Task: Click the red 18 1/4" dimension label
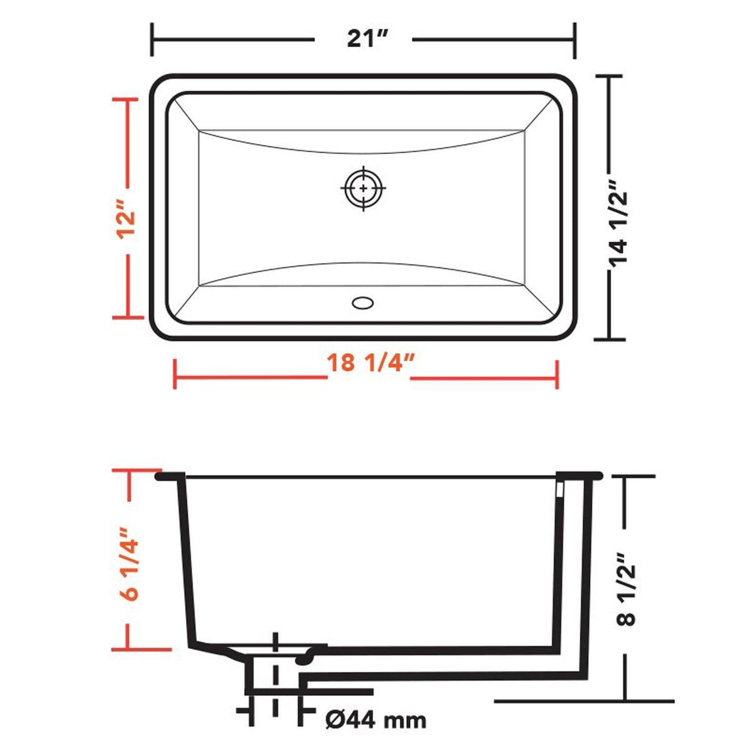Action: pyautogui.click(x=370, y=363)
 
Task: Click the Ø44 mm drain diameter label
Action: pyautogui.click(x=376, y=719)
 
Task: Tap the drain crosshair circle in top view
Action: pyautogui.click(x=363, y=188)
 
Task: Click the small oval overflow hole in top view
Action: pyautogui.click(x=362, y=303)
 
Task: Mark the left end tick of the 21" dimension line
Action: pyautogui.click(x=152, y=39)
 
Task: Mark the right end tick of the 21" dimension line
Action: pyautogui.click(x=575, y=40)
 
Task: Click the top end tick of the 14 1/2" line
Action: pyautogui.click(x=608, y=76)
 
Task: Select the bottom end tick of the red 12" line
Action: pyautogui.click(x=128, y=318)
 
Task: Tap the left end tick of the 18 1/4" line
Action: pyautogui.click(x=175, y=374)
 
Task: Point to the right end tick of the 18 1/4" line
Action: pyautogui.click(x=557, y=374)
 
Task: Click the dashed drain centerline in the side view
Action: pyautogui.click(x=275, y=675)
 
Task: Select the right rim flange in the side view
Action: pyautogui.click(x=579, y=475)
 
